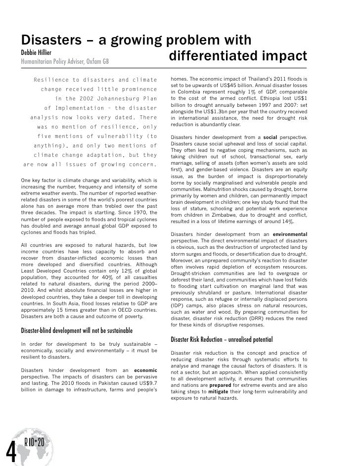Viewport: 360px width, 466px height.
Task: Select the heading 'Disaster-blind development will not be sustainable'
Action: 76,330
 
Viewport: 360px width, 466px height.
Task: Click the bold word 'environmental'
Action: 290,233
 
